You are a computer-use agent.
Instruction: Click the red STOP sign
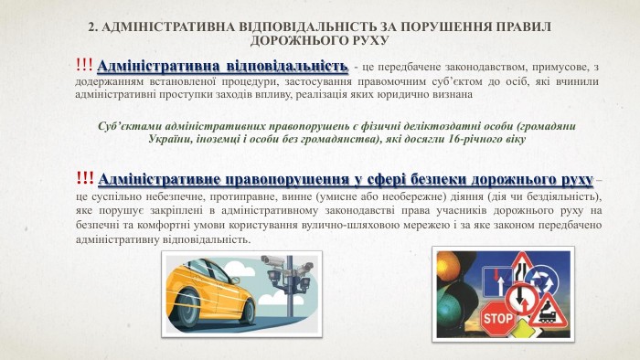(x=497, y=319)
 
